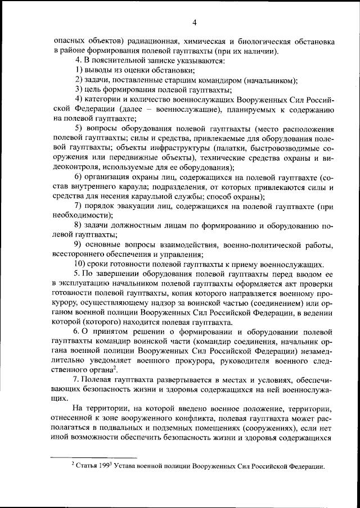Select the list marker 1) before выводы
pyautogui.click(x=78, y=70)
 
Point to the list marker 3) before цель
pyautogui.click(x=78, y=90)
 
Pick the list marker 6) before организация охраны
pyautogui.click(x=78, y=178)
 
